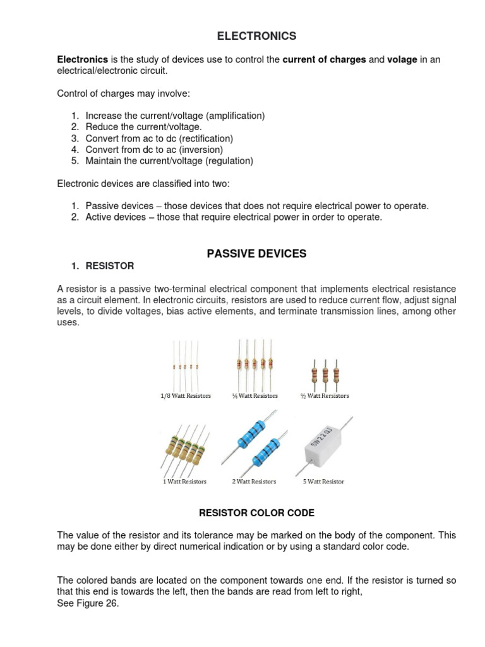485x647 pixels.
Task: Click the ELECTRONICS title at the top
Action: [x=256, y=36]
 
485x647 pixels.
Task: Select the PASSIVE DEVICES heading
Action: [x=256, y=253]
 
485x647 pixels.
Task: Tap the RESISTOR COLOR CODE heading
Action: [x=256, y=513]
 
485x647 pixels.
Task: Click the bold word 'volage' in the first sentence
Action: [x=402, y=60]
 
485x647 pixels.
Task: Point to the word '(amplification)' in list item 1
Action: [x=234, y=116]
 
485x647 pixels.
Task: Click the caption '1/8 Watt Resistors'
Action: [x=185, y=396]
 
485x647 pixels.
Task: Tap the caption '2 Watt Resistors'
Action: [x=254, y=481]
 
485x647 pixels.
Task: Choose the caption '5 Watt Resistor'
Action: [x=324, y=481]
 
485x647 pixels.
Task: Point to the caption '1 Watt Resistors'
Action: [x=184, y=481]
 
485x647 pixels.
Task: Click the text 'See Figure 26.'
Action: [x=88, y=603]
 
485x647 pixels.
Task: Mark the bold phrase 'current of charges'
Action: [x=324, y=60]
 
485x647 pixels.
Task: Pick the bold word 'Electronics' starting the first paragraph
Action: [x=82, y=60]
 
